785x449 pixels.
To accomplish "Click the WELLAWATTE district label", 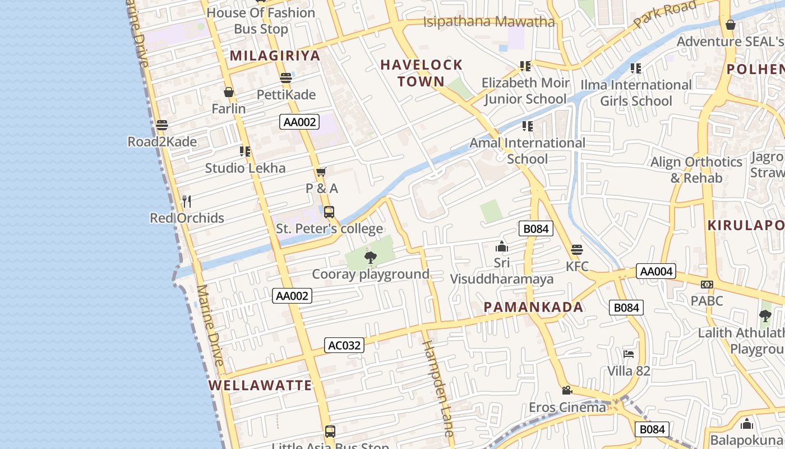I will (260, 386).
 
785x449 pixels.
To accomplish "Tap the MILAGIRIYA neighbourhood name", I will (275, 56).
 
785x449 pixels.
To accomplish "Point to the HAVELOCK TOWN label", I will (422, 73).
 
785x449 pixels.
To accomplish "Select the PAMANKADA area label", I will (533, 307).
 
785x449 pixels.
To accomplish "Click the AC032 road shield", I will (344, 345).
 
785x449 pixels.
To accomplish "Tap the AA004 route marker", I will (656, 272).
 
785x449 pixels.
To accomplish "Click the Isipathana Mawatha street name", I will (488, 22).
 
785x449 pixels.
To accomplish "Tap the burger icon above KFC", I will (576, 250).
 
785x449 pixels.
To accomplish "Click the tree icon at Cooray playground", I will (370, 258).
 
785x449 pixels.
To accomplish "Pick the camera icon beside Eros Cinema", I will (567, 390).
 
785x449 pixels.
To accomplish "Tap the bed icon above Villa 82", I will (629, 354).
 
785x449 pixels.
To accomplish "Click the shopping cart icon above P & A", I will (321, 172).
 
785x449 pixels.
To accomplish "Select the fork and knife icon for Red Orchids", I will (187, 201).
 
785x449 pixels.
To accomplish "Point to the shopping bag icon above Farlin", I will (229, 92).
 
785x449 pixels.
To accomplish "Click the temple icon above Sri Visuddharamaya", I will (501, 246).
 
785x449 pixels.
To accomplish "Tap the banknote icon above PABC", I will (707, 285).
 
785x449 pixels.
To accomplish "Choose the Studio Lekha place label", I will (245, 168).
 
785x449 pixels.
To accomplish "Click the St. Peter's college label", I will (330, 228).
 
